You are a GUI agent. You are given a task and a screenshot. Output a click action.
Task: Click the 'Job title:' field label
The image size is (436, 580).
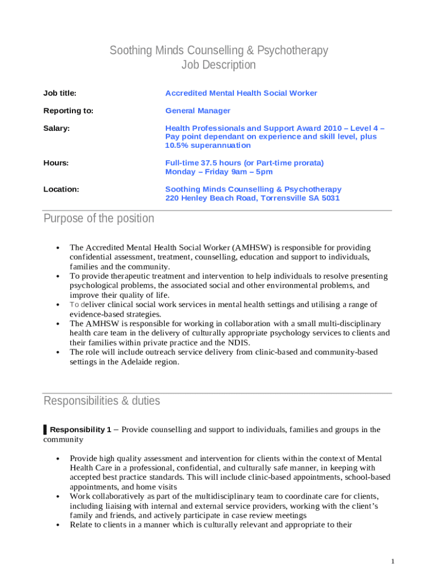click(59, 93)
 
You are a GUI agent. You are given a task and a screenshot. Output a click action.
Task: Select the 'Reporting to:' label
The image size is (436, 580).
click(68, 111)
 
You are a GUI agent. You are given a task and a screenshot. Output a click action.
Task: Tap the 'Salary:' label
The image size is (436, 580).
click(57, 129)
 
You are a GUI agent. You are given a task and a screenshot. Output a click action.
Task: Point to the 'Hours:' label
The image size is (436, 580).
click(56, 163)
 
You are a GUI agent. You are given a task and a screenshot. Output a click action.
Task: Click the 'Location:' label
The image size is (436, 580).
click(61, 189)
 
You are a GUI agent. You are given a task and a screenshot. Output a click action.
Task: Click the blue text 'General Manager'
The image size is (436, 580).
click(198, 111)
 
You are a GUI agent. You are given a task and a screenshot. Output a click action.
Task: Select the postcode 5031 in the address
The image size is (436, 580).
click(331, 198)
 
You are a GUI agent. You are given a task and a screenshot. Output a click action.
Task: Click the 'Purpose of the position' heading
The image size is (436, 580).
click(99, 219)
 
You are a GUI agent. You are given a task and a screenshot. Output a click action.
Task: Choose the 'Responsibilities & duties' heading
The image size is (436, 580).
click(102, 401)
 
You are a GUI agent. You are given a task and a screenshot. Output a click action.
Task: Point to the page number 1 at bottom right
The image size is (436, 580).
click(392, 561)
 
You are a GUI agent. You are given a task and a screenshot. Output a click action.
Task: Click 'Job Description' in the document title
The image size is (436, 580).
click(219, 65)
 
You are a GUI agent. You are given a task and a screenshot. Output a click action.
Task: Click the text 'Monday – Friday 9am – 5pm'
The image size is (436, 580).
click(219, 172)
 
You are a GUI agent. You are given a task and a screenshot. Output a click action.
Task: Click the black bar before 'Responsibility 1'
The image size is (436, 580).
click(45, 430)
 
